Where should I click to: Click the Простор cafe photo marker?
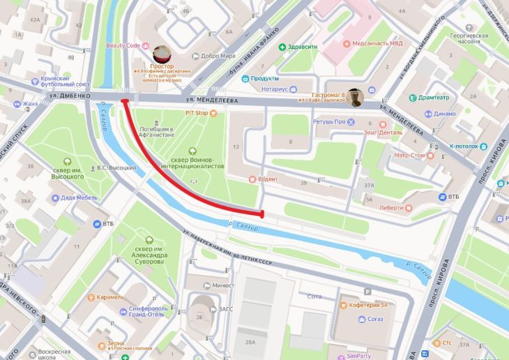click(x=162, y=54)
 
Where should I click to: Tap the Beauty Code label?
click(x=123, y=45)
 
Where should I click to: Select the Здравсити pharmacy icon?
click(x=282, y=47)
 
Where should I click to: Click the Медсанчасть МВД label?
click(x=377, y=43)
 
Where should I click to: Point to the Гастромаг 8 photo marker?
click(x=356, y=97)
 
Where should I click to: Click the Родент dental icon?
click(x=252, y=179)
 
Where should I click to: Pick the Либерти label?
click(x=391, y=207)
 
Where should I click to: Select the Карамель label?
click(x=110, y=297)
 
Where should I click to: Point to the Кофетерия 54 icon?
click(x=342, y=305)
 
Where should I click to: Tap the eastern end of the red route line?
click(x=262, y=213)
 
